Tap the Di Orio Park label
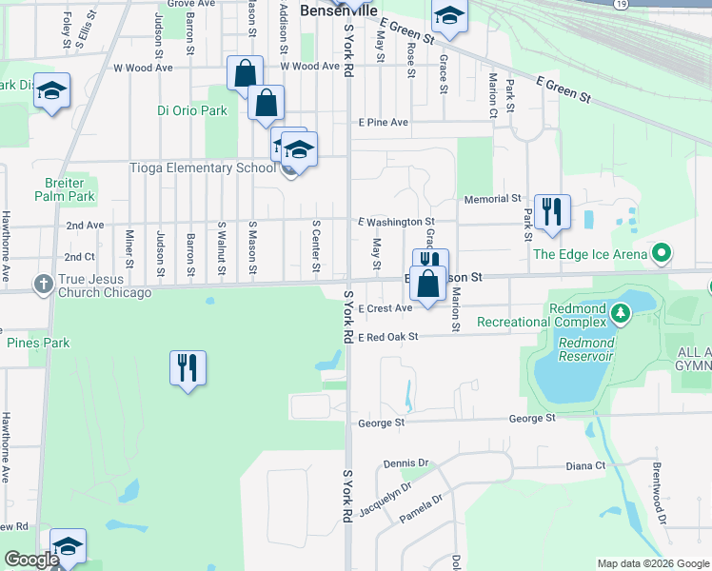pyautogui.click(x=192, y=110)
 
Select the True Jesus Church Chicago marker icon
pyautogui.click(x=43, y=284)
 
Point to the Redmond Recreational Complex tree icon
pyautogui.click(x=620, y=311)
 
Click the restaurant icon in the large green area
pyautogui.click(x=188, y=367)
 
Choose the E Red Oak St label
pyautogui.click(x=388, y=336)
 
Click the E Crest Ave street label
pyautogui.click(x=386, y=308)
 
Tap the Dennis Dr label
pyautogui.click(x=406, y=463)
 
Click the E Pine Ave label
pyautogui.click(x=383, y=123)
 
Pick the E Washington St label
pyautogui.click(x=396, y=222)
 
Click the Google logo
pyautogui.click(x=31, y=561)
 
